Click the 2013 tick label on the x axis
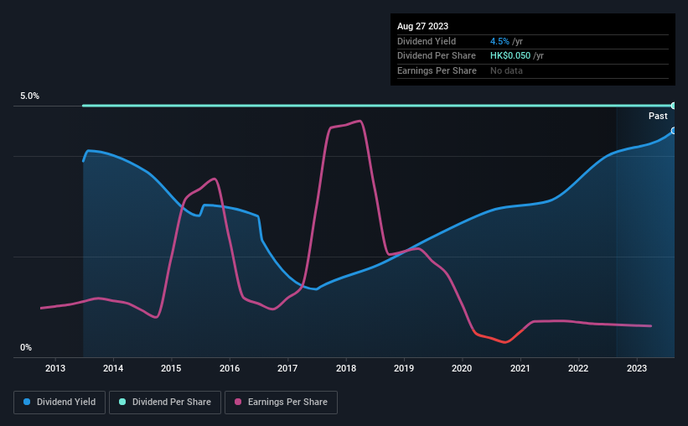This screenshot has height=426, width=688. pyautogui.click(x=55, y=368)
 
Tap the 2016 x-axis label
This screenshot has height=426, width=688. pyautogui.click(x=230, y=368)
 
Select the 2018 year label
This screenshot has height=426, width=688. pyautogui.click(x=346, y=368)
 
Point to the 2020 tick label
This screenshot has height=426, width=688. pyautogui.click(x=462, y=368)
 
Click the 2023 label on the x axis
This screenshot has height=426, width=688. pyautogui.click(x=637, y=368)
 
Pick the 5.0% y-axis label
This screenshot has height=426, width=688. pyautogui.click(x=30, y=96)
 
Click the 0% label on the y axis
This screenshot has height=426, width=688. pyautogui.click(x=26, y=347)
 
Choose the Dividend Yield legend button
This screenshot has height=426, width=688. pyautogui.click(x=59, y=403)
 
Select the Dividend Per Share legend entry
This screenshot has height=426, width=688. pyautogui.click(x=165, y=403)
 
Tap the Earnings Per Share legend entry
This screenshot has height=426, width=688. pyautogui.click(x=281, y=403)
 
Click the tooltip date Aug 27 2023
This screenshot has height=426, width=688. pyautogui.click(x=422, y=26)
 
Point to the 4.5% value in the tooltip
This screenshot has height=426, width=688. pyautogui.click(x=499, y=41)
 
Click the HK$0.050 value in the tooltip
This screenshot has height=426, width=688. pyautogui.click(x=510, y=56)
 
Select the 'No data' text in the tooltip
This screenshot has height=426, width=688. pyautogui.click(x=506, y=70)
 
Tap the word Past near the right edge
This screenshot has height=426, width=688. pyautogui.click(x=658, y=116)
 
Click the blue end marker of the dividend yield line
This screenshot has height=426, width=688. pyautogui.click(x=674, y=131)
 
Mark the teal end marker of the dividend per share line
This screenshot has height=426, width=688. pyautogui.click(x=674, y=106)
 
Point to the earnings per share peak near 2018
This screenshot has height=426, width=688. pyautogui.click(x=360, y=122)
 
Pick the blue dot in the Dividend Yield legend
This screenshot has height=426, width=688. pyautogui.click(x=27, y=402)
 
